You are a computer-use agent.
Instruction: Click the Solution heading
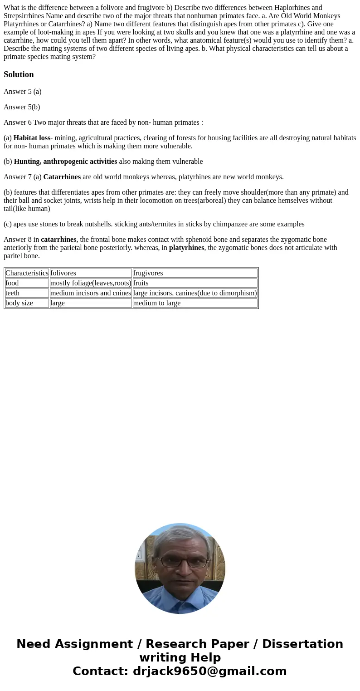pos(19,74)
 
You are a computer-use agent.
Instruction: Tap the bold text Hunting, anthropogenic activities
pos(65,162)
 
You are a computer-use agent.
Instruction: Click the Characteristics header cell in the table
pos(27,273)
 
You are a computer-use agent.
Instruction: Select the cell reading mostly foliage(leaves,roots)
pos(91,283)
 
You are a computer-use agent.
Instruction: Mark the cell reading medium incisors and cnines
pos(91,293)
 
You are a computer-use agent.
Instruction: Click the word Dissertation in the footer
pos(302,644)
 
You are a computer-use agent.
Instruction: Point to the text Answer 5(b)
pos(22,107)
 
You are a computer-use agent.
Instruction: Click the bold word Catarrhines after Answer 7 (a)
pos(62,177)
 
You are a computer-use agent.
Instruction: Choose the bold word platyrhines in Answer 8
pos(186,248)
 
